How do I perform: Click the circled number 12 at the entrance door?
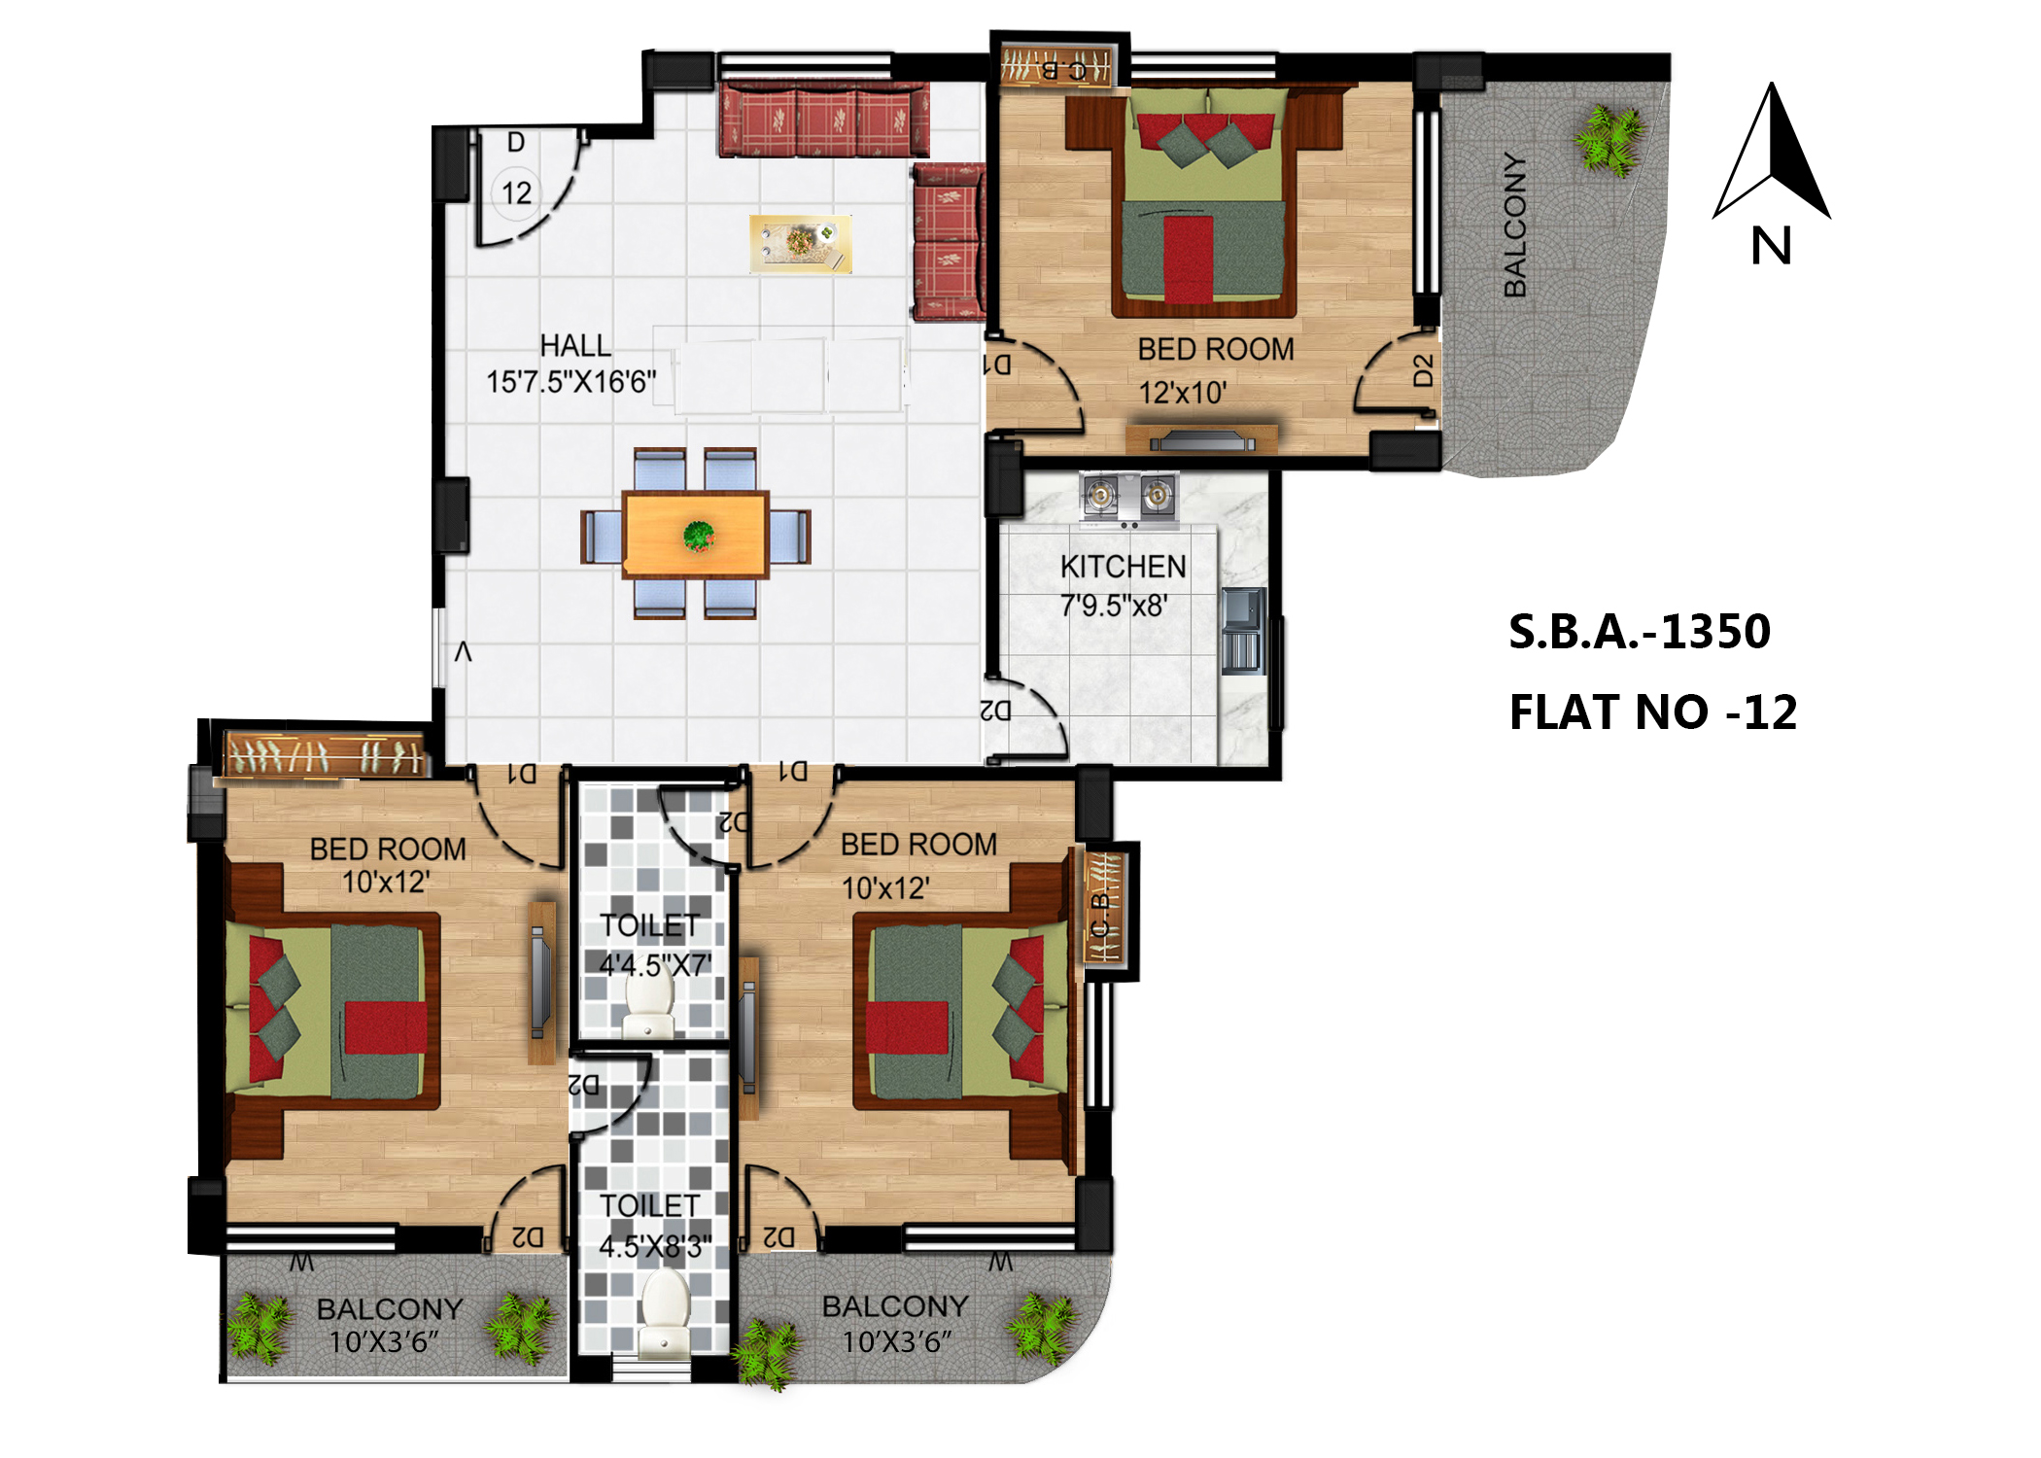(x=516, y=192)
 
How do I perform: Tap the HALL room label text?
(x=575, y=346)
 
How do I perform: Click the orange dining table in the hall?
(x=696, y=536)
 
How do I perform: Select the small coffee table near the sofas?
(x=801, y=243)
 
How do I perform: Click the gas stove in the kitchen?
(x=1128, y=497)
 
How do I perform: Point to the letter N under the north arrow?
(x=1771, y=246)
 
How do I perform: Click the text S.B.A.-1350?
(x=1640, y=632)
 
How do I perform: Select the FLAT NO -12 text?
(x=1652, y=712)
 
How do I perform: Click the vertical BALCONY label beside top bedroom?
(x=1514, y=225)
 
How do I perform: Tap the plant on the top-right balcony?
(x=1609, y=141)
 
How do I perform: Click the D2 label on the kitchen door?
(x=997, y=711)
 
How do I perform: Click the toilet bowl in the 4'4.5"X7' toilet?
(x=648, y=1006)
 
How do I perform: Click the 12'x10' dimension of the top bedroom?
(x=1183, y=394)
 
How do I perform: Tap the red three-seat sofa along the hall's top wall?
(x=823, y=121)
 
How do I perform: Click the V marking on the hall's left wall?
(x=464, y=652)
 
